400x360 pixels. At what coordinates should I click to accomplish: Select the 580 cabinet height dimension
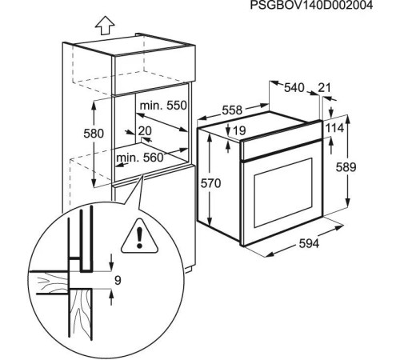94,134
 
